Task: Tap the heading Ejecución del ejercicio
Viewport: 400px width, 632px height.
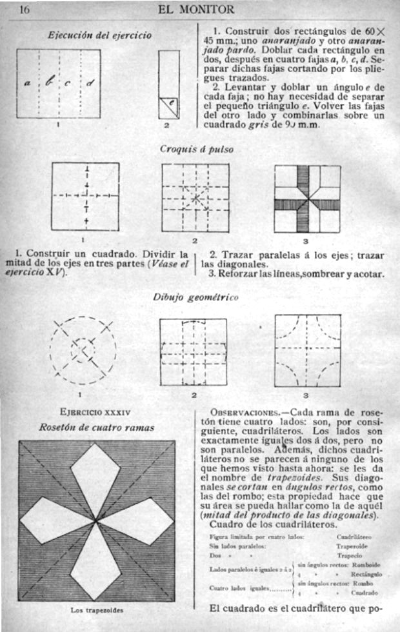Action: [100, 35]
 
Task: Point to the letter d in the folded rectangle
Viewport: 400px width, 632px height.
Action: [90, 83]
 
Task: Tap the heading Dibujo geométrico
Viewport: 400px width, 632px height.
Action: [195, 297]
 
